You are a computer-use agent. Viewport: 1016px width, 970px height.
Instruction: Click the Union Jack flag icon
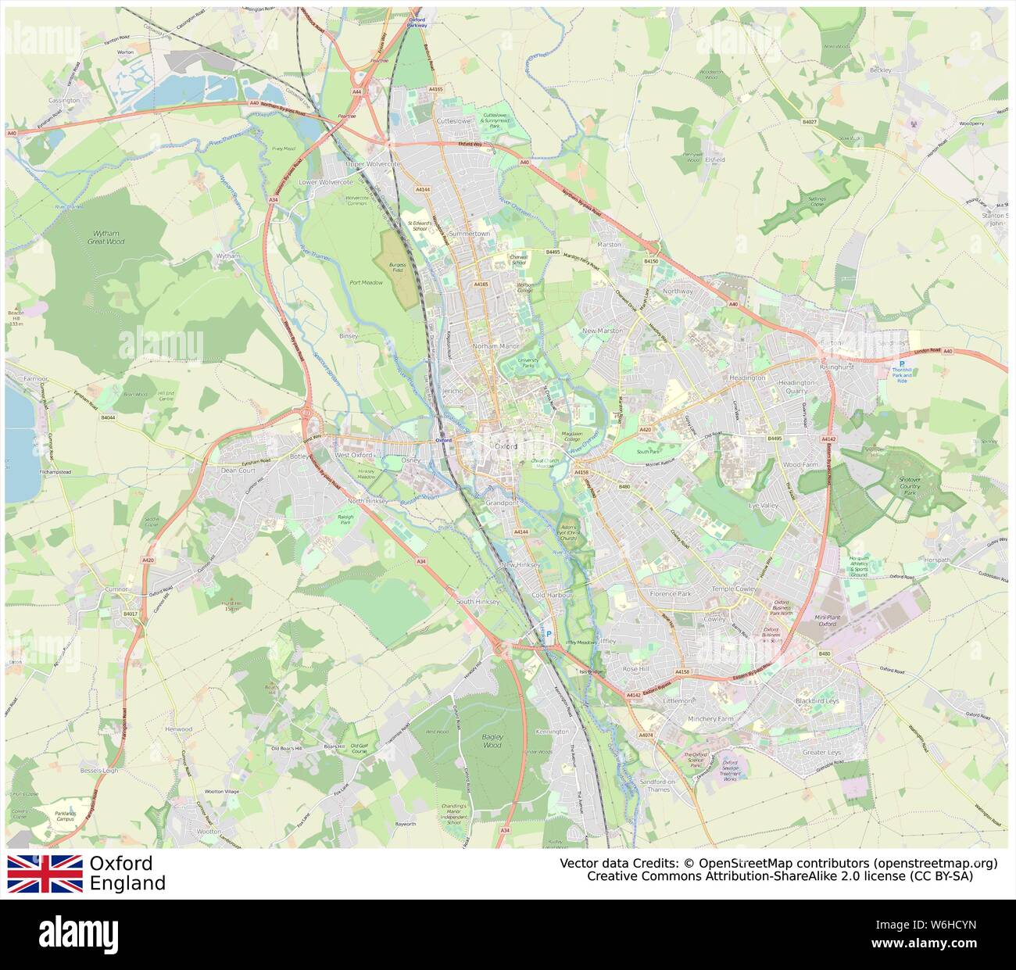click(45, 873)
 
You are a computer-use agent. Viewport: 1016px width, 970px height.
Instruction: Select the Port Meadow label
click(366, 282)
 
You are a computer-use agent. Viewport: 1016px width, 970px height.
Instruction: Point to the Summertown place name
click(469, 234)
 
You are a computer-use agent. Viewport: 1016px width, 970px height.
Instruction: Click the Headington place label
click(746, 378)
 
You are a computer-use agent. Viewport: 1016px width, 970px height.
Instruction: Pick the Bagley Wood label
click(492, 740)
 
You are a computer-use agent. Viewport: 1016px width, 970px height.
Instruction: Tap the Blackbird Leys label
click(817, 701)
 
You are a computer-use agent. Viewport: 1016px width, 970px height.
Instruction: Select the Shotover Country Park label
click(909, 485)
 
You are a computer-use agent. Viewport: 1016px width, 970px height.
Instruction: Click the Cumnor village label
click(116, 589)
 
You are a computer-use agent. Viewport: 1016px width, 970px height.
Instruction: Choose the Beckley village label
click(880, 70)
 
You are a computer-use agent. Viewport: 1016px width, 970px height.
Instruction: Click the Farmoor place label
click(35, 378)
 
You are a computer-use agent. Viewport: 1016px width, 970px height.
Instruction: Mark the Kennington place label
click(553, 732)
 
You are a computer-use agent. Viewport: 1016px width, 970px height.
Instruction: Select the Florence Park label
click(670, 593)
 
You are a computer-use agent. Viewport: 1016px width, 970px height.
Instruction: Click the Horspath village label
click(937, 560)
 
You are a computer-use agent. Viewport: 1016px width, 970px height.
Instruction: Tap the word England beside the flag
click(127, 884)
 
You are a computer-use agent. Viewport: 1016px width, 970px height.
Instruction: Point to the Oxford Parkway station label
click(417, 22)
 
